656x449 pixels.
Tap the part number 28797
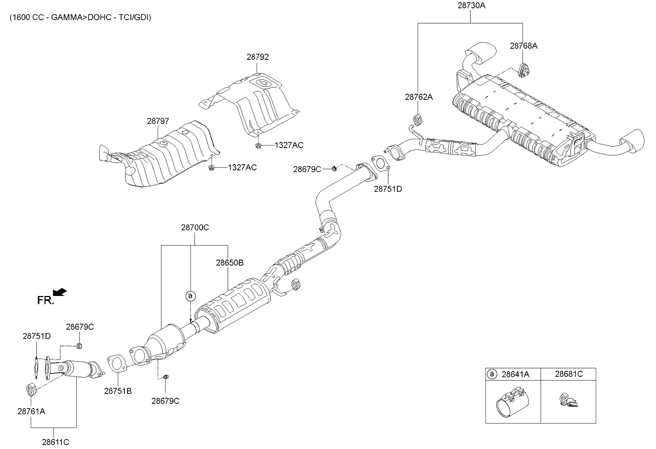click(158, 121)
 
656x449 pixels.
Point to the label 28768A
click(524, 46)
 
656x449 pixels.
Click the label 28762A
click(419, 97)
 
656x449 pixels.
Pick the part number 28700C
click(195, 228)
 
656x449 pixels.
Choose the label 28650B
click(230, 262)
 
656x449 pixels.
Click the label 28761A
click(32, 411)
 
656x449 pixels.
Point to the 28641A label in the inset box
click(515, 374)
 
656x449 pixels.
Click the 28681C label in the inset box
click(569, 374)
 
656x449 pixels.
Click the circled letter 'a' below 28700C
click(190, 296)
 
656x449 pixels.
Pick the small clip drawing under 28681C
click(568, 401)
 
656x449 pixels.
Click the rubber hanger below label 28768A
click(524, 70)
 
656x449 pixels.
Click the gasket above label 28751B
click(116, 363)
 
